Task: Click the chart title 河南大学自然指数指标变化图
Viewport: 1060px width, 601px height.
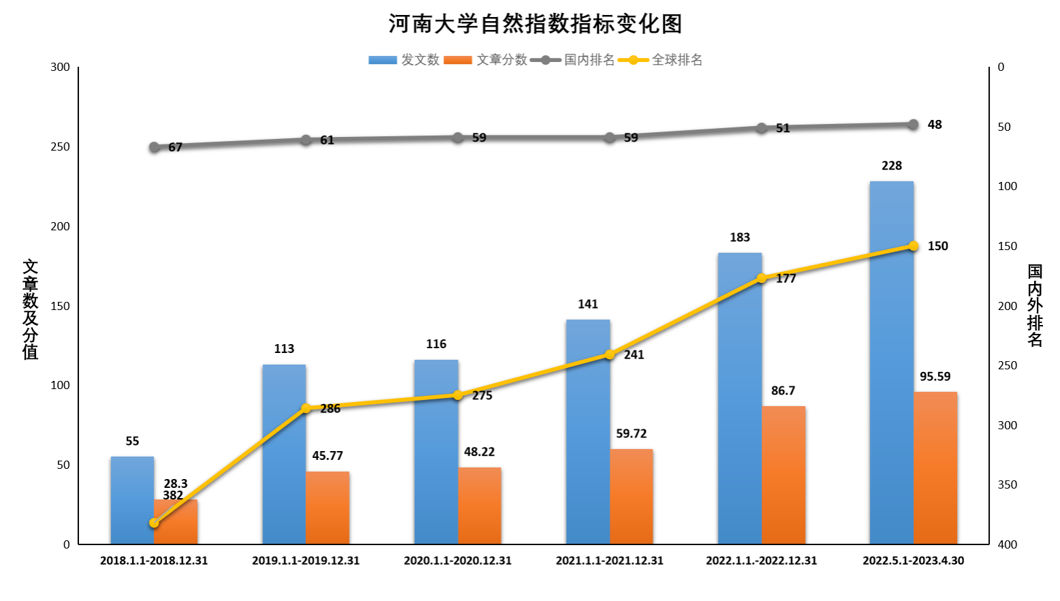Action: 535,24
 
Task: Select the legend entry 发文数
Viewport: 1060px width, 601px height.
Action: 405,60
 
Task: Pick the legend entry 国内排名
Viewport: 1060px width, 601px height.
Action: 574,60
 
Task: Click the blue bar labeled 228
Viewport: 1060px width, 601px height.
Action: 891,361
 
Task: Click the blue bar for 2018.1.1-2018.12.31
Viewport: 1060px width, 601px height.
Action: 132,500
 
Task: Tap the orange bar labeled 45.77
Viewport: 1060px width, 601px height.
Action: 328,508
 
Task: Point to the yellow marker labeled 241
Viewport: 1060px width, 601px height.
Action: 610,354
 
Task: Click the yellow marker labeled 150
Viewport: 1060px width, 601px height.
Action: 914,246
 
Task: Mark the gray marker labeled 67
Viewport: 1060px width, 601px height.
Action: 154,147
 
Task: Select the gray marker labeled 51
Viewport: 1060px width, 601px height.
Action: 762,128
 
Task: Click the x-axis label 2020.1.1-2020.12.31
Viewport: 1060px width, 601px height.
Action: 458,561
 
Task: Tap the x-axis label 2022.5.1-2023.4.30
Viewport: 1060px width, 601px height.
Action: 914,561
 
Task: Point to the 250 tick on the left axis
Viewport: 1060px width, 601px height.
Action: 60,147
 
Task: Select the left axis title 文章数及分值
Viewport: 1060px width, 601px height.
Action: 31,309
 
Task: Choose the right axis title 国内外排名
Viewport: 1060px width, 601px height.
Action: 1035,306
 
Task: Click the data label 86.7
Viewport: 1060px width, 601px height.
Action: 783,390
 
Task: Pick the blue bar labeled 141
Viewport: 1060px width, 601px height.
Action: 588,431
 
